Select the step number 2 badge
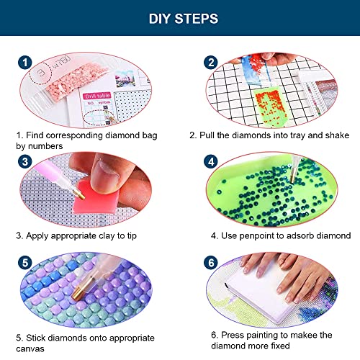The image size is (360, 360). click(x=211, y=63)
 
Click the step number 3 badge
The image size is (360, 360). click(x=25, y=161)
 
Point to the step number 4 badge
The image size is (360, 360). click(x=211, y=161)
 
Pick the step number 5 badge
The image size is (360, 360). click(x=25, y=263)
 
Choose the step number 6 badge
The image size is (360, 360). click(x=211, y=263)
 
